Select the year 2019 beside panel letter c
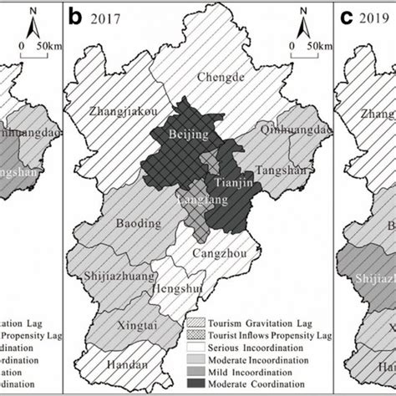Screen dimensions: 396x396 click(x=373, y=16)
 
